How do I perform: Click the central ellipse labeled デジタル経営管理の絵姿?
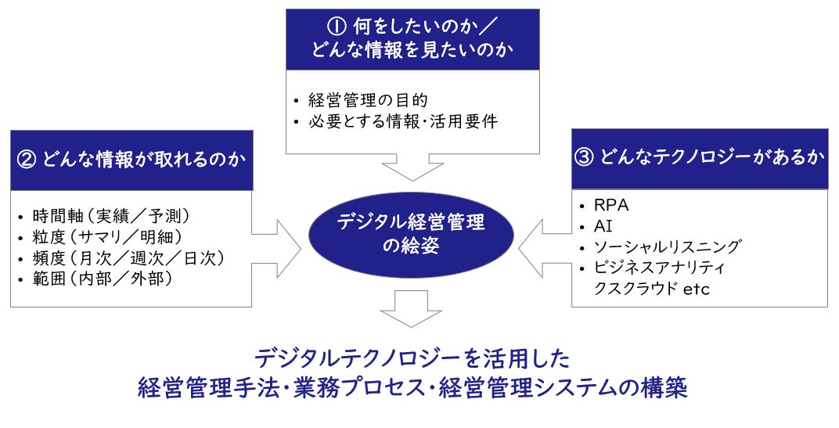(411, 235)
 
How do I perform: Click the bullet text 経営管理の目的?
(362, 100)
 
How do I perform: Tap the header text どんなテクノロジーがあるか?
(712, 158)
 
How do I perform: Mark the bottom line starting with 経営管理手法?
(412, 388)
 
